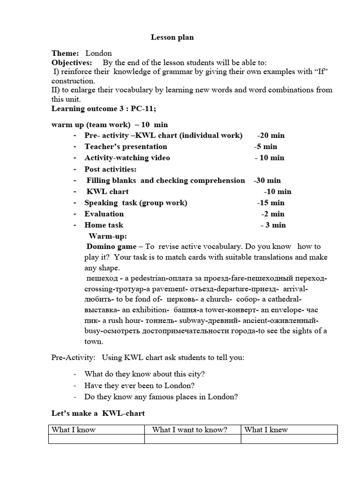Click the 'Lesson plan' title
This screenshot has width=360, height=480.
tap(172, 37)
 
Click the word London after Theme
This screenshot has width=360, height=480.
tap(98, 53)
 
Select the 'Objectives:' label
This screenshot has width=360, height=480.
tap(72, 62)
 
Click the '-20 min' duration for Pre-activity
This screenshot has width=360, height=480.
tap(270, 135)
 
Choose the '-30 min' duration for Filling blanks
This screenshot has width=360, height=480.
tap(267, 180)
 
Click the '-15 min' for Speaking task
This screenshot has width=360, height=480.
tap(270, 203)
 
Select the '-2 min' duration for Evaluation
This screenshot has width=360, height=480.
tap(272, 214)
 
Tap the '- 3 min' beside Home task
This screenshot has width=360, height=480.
tap(273, 225)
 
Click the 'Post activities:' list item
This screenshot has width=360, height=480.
tap(110, 169)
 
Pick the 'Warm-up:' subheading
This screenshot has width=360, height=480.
tap(108, 236)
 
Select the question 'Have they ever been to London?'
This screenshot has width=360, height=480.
tap(139, 385)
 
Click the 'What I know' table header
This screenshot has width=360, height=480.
tap(74, 430)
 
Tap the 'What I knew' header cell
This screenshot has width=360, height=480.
tap(266, 430)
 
